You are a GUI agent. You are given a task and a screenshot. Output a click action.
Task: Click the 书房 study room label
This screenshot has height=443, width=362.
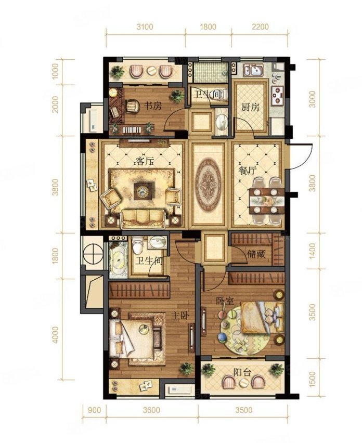(153, 106)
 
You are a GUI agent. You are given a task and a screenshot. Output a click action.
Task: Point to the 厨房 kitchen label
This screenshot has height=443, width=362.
(250, 107)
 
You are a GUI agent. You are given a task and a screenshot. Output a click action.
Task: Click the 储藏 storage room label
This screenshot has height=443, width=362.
(256, 254)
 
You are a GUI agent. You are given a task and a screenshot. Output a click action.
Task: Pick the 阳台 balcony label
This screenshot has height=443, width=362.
(242, 372)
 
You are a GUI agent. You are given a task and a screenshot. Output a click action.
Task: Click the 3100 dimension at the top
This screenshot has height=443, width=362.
(145, 27)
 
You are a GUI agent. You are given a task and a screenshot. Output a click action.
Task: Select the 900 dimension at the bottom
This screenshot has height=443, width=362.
(94, 410)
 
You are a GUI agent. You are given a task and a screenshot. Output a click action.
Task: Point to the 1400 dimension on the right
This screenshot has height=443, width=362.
(312, 250)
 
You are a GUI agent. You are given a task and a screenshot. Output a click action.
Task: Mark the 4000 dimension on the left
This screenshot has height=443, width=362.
(55, 335)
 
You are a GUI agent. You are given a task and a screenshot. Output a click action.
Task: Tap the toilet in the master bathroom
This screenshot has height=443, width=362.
(138, 245)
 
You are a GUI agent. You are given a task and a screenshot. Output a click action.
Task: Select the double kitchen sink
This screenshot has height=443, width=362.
(253, 70)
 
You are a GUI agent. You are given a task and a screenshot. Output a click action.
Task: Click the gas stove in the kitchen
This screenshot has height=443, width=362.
(277, 95)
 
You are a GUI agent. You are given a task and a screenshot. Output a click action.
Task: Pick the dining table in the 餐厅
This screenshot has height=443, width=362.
(267, 201)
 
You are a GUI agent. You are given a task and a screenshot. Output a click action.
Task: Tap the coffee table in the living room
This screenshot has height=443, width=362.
(144, 191)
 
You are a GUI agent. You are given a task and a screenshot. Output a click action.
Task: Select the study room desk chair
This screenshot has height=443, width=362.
(132, 106)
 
